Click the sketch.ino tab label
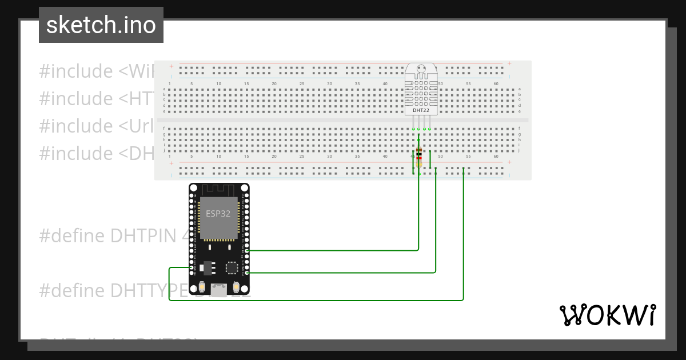101,25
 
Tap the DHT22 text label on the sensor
421,110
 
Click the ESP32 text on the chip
218,213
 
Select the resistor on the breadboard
419,154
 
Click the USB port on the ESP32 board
219,290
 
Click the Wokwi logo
607,315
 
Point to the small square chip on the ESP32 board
232,267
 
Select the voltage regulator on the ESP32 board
207,266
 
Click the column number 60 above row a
496,84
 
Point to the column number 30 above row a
329,84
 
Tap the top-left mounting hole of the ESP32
193,187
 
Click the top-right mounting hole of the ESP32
245,187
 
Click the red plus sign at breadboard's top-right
509,64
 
